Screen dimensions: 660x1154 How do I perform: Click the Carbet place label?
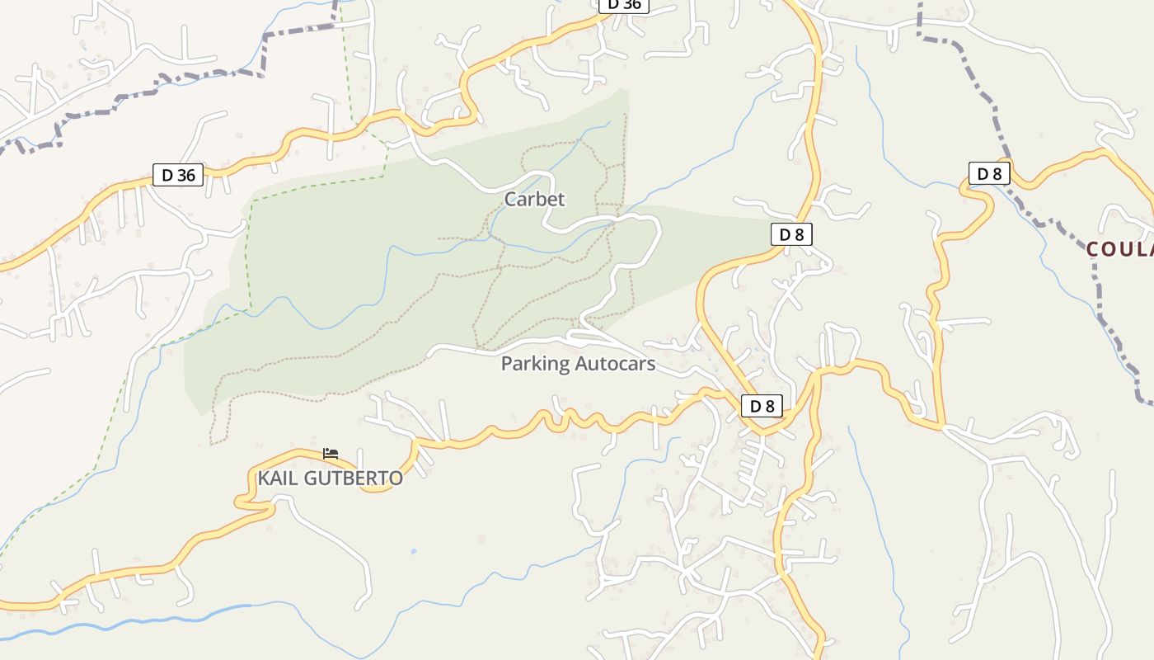[x=534, y=199]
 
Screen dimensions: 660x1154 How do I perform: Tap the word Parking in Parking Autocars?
[x=535, y=364]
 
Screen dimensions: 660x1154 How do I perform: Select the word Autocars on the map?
[x=614, y=364]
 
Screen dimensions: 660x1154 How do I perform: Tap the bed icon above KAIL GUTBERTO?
[x=331, y=454]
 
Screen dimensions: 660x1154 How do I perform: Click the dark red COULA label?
[x=1119, y=248]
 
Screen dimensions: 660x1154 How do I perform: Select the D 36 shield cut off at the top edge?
[x=624, y=4]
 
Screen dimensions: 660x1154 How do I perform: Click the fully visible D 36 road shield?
[x=178, y=175]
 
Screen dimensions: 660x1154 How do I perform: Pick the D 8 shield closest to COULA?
[x=989, y=173]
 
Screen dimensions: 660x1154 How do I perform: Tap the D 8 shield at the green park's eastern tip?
[x=791, y=234]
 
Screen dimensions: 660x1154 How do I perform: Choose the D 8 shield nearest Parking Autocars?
[x=762, y=406]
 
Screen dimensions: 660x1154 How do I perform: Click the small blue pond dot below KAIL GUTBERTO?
[x=413, y=551]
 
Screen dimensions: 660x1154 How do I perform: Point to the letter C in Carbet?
[x=510, y=199]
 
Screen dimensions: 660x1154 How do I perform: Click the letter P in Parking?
[x=507, y=364]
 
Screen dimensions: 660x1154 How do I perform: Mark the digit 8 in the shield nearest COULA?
[x=997, y=173]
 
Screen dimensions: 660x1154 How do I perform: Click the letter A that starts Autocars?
[x=580, y=364]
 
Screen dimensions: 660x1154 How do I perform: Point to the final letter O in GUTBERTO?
[x=396, y=478]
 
